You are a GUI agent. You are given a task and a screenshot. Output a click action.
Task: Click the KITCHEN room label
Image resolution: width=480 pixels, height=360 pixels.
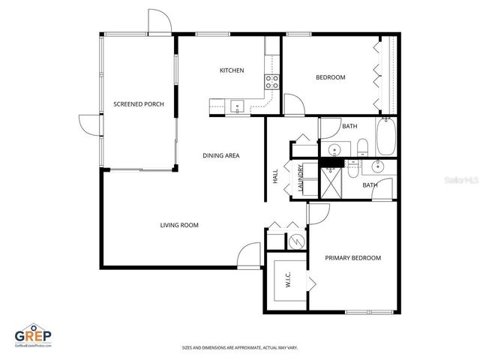point(231,70)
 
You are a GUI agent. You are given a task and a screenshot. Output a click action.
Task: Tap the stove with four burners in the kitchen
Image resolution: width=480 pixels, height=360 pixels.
point(271,81)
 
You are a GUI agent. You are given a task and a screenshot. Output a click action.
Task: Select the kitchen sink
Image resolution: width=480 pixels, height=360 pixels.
point(237,106)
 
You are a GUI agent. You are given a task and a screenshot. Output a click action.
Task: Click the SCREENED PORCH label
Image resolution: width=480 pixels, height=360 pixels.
point(138,104)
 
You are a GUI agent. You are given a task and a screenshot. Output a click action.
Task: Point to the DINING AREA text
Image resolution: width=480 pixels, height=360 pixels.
point(220,156)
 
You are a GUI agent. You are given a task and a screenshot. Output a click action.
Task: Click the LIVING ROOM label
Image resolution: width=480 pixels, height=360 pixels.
point(178,224)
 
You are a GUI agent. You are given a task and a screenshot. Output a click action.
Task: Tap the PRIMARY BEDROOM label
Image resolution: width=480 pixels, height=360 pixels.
point(352,258)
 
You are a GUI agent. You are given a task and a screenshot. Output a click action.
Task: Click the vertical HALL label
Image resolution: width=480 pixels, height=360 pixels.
point(275,177)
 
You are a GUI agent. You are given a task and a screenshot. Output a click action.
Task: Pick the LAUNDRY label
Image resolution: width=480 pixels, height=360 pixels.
point(301,179)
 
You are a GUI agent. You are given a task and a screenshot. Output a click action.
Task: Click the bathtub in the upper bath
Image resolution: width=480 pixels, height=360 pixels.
point(388,137)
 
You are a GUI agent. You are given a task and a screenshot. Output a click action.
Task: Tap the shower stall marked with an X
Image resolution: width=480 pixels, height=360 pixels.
point(330,182)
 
